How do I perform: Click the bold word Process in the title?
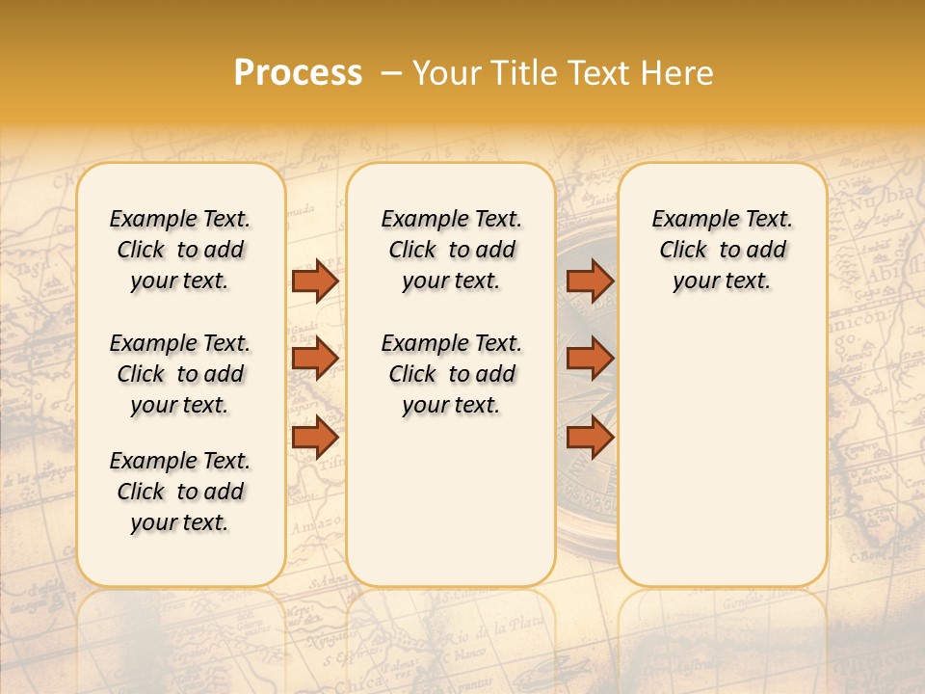pos(298,73)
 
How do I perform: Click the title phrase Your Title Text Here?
pos(563,73)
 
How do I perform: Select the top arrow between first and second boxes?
pos(314,280)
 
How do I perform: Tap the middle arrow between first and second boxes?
pos(314,359)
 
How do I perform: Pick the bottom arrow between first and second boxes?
pos(314,438)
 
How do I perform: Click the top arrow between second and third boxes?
pos(590,280)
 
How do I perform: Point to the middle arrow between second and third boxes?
pos(590,359)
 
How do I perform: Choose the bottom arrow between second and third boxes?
pos(590,438)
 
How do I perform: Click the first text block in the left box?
pos(180,250)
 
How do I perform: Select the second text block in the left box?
pos(180,374)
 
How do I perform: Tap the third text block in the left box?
pos(180,492)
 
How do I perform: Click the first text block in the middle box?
pos(451,250)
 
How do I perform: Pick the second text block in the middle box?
pos(451,374)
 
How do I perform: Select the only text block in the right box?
pos(722,250)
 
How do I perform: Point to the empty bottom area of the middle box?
pos(451,511)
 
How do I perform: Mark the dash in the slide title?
pos(392,74)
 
